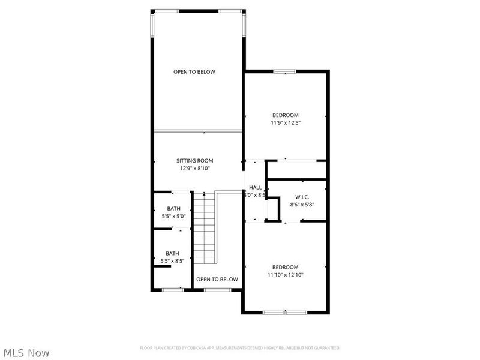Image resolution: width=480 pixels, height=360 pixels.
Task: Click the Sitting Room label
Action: (194, 161)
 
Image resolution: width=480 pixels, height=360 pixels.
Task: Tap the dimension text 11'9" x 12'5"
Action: (285, 123)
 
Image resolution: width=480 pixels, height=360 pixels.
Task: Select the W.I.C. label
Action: (301, 197)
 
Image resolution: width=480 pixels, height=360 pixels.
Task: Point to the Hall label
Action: (255, 188)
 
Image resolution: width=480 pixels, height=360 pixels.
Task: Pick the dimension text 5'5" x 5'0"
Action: (173, 217)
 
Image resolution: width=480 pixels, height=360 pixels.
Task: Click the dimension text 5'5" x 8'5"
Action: (173, 261)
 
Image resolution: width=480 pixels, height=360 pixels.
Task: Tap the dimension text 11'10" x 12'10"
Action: (285, 275)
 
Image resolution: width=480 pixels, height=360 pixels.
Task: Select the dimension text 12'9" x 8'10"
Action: (194, 169)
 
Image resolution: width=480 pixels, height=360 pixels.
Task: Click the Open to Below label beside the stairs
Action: (217, 280)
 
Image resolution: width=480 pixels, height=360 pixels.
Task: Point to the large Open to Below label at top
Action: (194, 72)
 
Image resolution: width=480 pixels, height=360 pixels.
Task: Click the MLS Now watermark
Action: (26, 353)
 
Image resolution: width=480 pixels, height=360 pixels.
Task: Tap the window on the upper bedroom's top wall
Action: (285, 71)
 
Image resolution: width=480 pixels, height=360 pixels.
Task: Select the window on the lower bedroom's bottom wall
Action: (285, 312)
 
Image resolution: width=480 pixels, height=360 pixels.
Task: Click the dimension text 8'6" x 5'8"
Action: (301, 205)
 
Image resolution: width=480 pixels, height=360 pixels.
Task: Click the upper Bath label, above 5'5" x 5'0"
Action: (173, 209)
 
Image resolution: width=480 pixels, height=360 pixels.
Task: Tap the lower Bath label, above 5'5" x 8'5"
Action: (173, 253)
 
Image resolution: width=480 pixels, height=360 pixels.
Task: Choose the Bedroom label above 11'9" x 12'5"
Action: (285, 115)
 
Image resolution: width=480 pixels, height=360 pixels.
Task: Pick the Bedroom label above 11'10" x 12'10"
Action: (285, 267)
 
